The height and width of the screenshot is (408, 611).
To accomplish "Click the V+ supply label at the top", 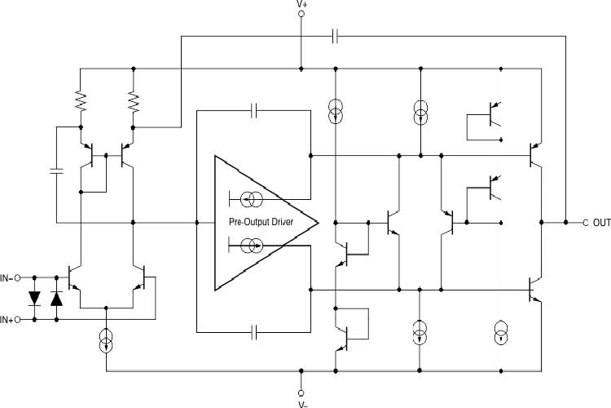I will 301,4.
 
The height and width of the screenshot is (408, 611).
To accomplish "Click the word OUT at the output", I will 601,222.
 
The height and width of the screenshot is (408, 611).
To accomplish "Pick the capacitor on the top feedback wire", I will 336,36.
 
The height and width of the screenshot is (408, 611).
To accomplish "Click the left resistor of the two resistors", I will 81,100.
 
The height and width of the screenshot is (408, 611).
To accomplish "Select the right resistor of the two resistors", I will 134,100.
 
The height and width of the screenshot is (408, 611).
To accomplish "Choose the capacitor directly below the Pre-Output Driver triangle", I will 254,331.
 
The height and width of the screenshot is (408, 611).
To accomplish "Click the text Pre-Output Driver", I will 262,222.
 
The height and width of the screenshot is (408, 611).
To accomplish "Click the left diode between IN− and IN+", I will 35,299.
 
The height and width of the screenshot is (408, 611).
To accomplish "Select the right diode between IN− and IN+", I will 56,299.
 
